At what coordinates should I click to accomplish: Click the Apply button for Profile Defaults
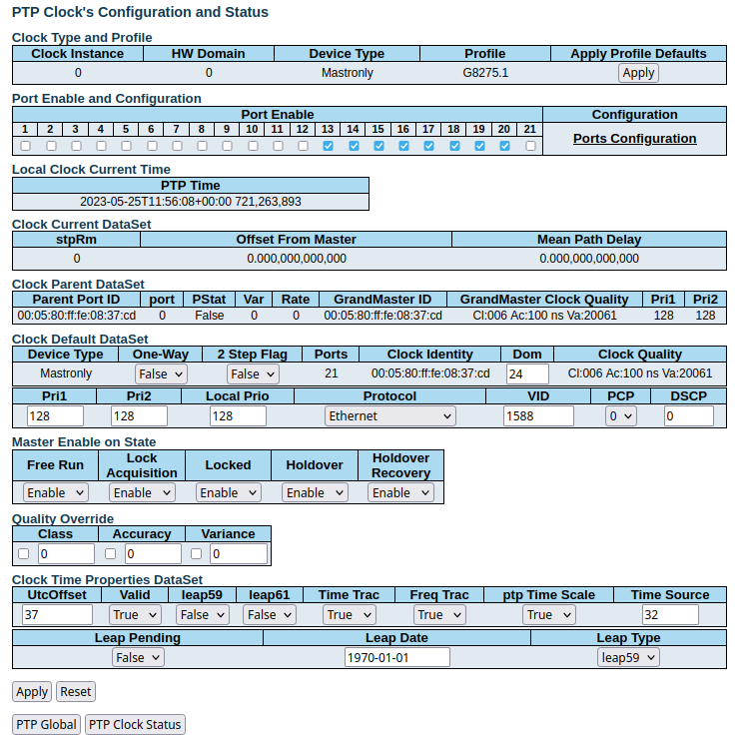point(638,72)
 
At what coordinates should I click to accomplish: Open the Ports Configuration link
point(634,139)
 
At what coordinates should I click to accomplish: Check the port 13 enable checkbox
point(328,146)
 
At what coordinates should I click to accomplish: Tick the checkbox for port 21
point(530,146)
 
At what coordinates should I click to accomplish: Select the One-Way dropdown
point(161,373)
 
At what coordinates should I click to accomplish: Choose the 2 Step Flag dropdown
point(252,373)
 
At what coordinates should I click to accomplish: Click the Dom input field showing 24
point(527,373)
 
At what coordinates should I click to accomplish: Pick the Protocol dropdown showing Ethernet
point(389,415)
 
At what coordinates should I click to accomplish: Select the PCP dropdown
point(620,415)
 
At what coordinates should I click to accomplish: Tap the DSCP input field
point(688,415)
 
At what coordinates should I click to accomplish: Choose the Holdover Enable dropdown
point(314,492)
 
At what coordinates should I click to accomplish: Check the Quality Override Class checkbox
point(24,553)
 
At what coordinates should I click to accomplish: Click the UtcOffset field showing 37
point(56,614)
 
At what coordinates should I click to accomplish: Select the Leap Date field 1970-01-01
point(396,657)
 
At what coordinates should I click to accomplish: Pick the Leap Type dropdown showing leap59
point(628,657)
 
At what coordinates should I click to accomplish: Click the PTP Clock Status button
point(135,725)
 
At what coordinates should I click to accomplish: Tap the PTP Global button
point(46,725)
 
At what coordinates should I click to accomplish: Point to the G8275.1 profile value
point(485,73)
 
